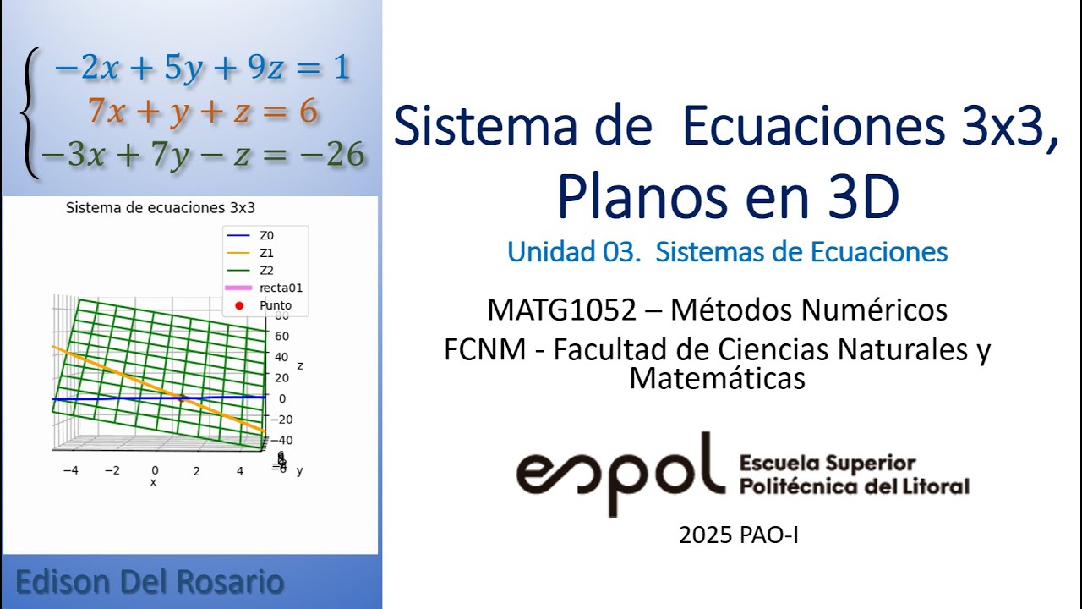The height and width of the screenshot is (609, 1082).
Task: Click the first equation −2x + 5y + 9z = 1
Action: coord(201,68)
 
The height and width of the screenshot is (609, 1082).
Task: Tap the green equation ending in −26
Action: coord(203,155)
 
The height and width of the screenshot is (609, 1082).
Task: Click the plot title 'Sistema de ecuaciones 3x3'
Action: coord(172,207)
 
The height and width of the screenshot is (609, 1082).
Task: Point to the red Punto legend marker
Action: coord(238,305)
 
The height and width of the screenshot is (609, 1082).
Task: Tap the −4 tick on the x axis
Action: coord(71,470)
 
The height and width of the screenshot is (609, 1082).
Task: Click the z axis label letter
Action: coord(300,365)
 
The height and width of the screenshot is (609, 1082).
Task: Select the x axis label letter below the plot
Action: coord(153,482)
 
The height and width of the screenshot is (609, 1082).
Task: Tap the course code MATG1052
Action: coord(561,310)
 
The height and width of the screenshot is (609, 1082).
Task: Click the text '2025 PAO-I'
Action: coord(738,535)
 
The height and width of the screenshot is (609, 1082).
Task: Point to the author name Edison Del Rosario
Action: coord(150,582)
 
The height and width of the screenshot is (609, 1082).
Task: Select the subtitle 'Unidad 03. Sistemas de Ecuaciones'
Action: coord(727,251)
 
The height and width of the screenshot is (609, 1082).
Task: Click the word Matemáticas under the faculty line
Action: coord(717,378)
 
